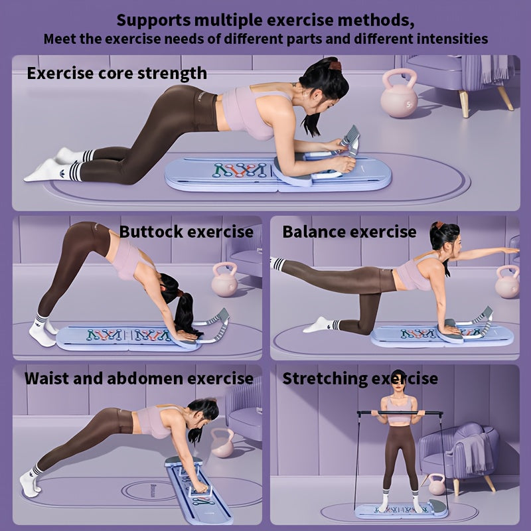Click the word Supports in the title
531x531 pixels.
coord(153,21)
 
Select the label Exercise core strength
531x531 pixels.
coord(117,74)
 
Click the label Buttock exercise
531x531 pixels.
coord(187,232)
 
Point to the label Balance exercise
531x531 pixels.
coord(350,232)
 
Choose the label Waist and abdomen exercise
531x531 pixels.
coord(139,378)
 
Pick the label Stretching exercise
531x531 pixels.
coord(360,378)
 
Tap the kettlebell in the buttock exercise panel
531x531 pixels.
coord(225,279)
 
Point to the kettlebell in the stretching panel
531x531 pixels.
coord(437,485)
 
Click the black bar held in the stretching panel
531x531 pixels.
coord(400,413)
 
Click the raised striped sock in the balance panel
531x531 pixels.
coord(277,264)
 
